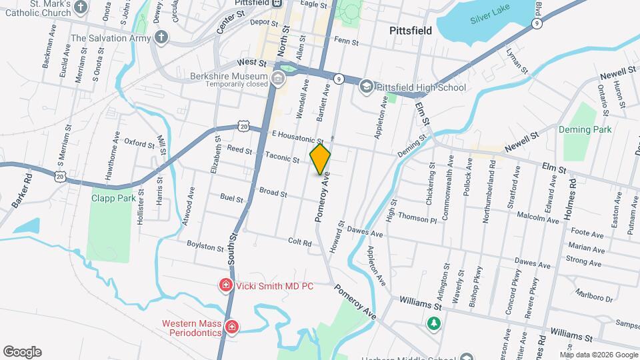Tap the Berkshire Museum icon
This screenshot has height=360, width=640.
pos(278,79)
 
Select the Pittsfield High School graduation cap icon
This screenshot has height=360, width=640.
pos(366,87)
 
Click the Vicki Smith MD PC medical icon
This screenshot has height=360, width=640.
pos(226,286)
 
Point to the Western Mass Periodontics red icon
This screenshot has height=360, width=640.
pos(231,327)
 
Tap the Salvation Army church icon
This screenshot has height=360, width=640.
pos(161,37)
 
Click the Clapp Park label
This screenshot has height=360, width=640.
pos(113,198)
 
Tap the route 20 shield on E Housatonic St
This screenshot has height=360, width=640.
pos(243,126)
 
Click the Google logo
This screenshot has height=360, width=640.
pos(22,351)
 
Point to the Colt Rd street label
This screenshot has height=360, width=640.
pos(300,242)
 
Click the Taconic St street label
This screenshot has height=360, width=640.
pos(282,158)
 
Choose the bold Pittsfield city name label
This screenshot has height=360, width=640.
pos(410,31)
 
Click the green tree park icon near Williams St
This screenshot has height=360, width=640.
pos(434,323)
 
